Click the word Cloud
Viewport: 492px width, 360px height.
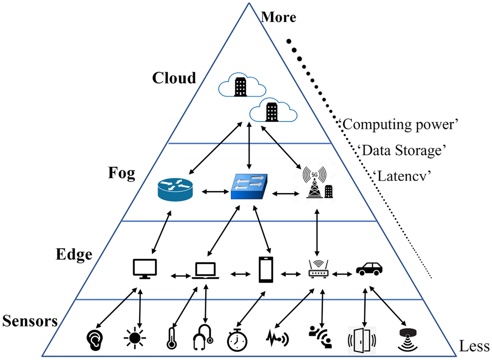(x=174, y=78)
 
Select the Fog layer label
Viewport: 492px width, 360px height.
(x=122, y=173)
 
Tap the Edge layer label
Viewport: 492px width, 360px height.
(x=74, y=255)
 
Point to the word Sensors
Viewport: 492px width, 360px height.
(x=30, y=321)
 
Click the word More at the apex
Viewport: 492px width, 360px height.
(x=279, y=17)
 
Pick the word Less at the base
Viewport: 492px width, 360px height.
(x=474, y=346)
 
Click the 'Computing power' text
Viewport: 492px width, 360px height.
(x=399, y=125)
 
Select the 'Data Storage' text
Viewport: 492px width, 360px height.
(x=402, y=151)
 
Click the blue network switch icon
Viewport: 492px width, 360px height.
(x=249, y=186)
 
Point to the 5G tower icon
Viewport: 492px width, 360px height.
(x=318, y=183)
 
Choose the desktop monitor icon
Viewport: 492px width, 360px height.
(x=145, y=268)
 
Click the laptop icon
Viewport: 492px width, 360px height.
(x=205, y=271)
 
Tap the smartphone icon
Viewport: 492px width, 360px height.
(x=266, y=269)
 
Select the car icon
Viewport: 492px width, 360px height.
(x=370, y=269)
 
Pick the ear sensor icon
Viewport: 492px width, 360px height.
(x=95, y=340)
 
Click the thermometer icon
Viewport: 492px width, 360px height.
(x=171, y=338)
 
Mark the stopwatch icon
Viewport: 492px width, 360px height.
(x=237, y=340)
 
